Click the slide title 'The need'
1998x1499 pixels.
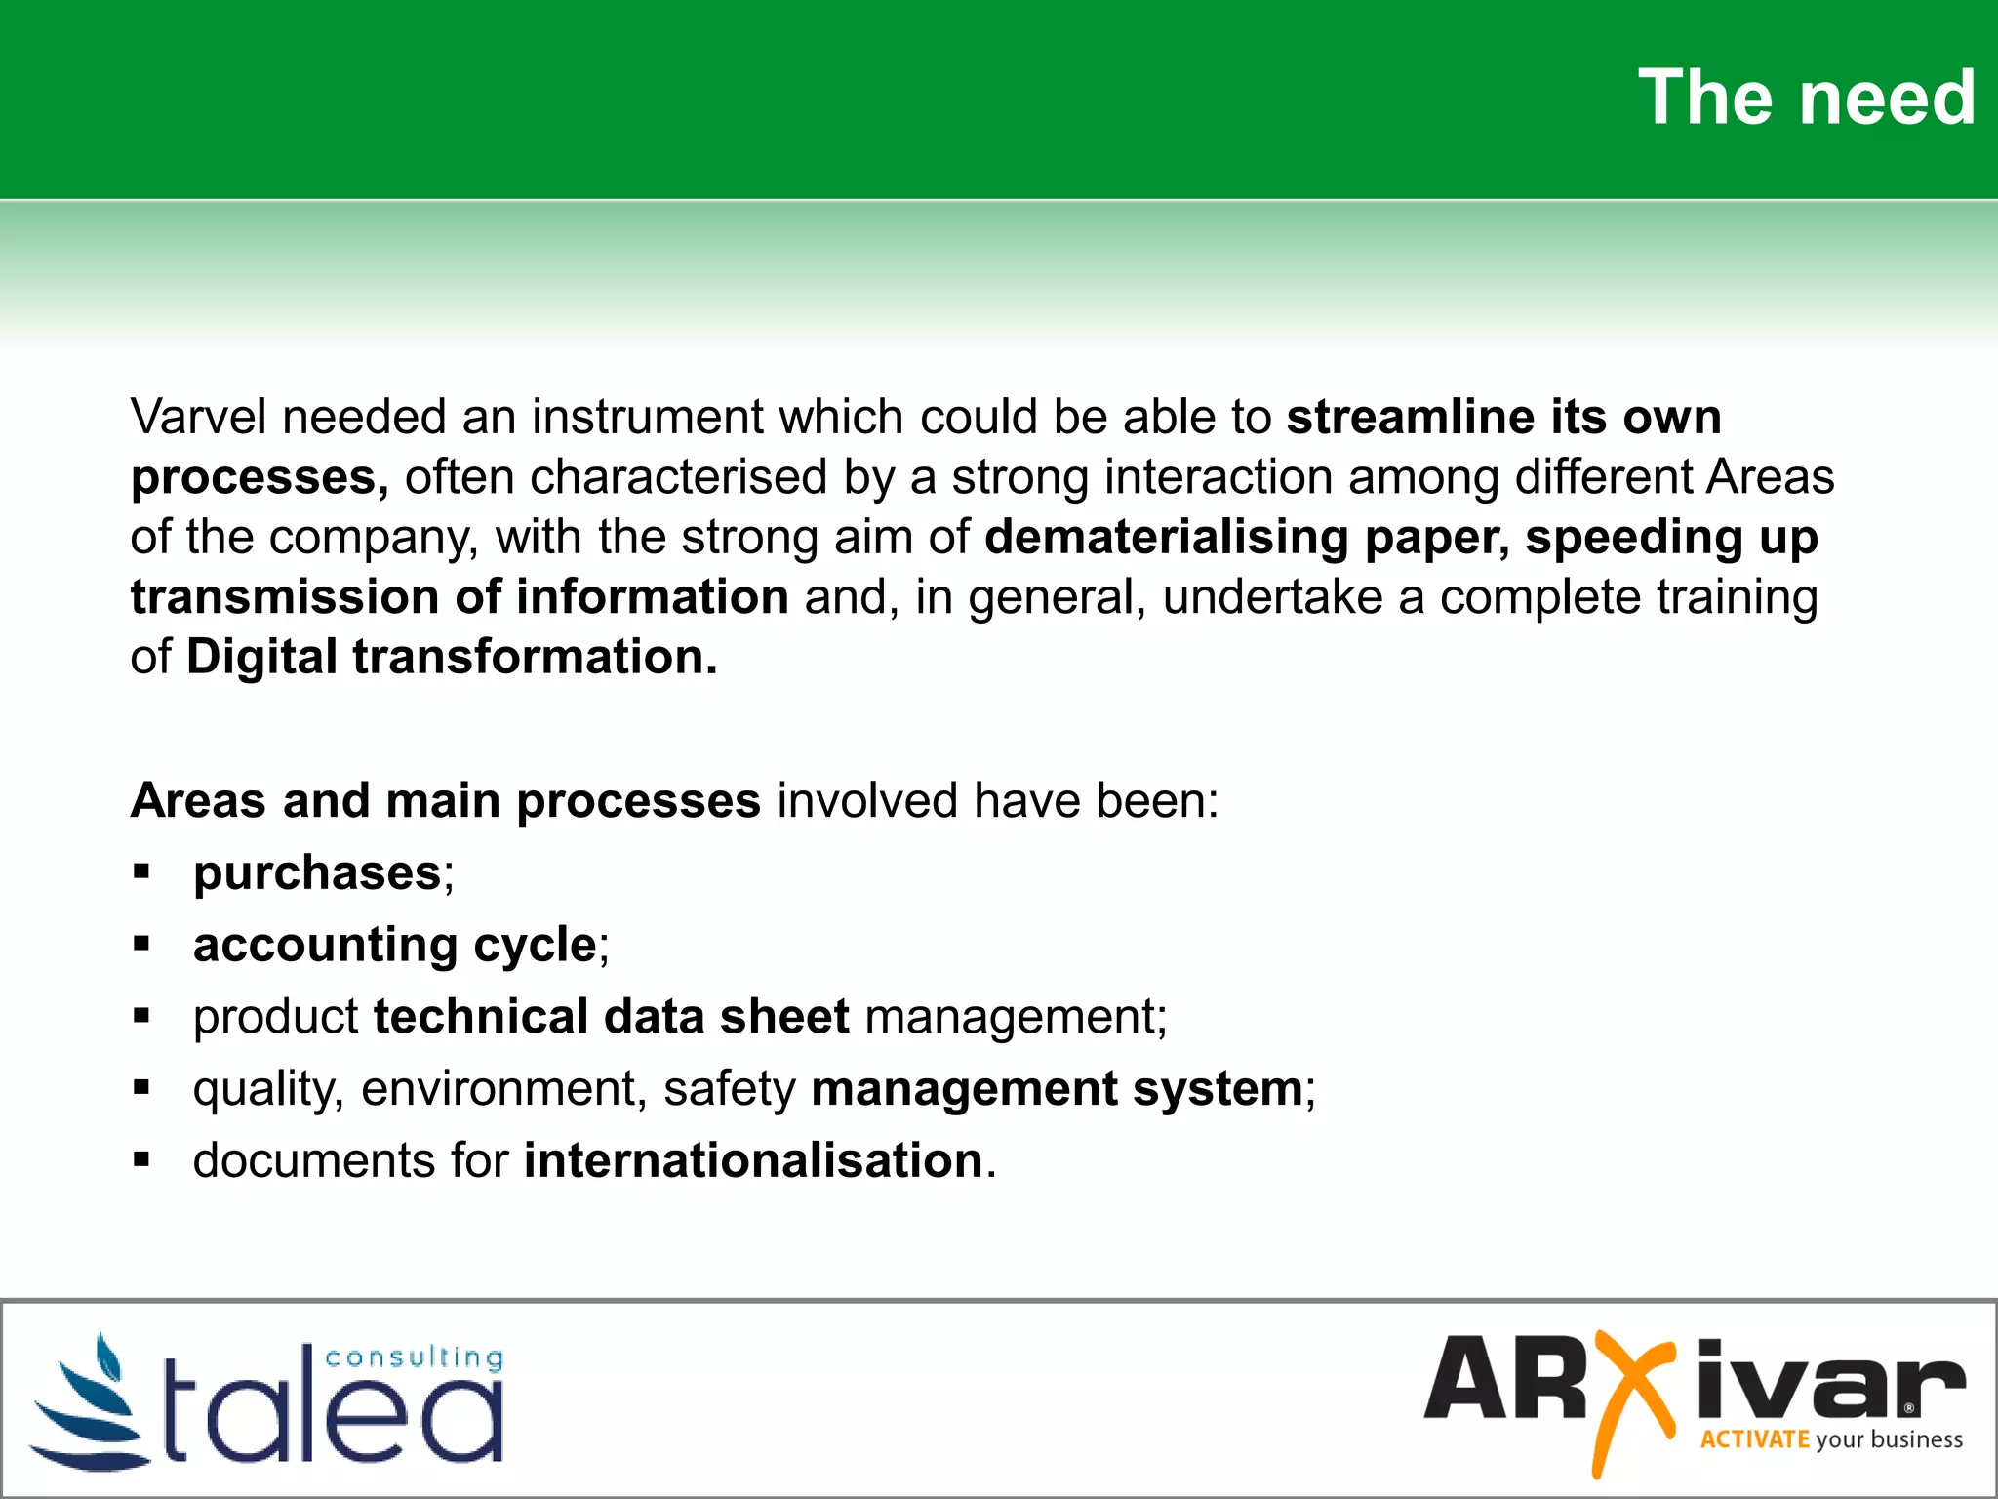click(x=1806, y=98)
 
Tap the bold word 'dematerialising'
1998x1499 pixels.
click(x=1166, y=537)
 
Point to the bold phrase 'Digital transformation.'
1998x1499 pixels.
click(x=452, y=657)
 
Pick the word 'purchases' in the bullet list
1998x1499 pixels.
click(x=318, y=872)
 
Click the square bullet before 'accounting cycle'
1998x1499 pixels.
click(x=142, y=944)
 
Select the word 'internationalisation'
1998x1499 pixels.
click(x=753, y=1160)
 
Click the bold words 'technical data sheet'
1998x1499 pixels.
click(x=612, y=1017)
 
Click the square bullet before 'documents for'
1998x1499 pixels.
click(x=142, y=1160)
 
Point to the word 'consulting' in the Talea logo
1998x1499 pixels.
click(x=414, y=1357)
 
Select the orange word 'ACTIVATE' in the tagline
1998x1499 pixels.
click(x=1754, y=1439)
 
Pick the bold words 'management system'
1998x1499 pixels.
click(x=1057, y=1089)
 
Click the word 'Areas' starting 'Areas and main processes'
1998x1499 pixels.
click(x=198, y=801)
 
